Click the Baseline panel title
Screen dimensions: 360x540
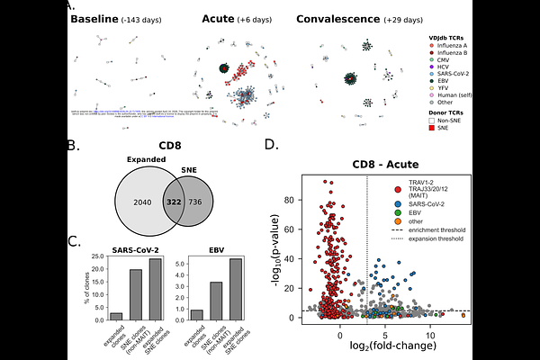coord(111,20)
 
